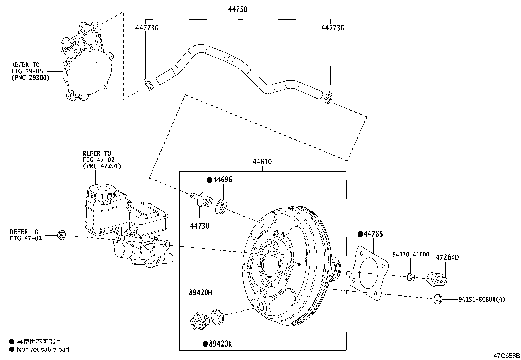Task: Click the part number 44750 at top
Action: coord(238,9)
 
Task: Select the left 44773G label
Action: coord(147,28)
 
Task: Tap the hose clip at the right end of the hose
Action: coord(328,98)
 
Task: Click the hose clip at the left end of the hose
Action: coord(148,84)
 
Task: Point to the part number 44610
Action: coord(262,161)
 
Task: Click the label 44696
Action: coord(223,180)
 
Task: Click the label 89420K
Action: coord(221,344)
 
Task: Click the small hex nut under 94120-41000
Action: coord(410,277)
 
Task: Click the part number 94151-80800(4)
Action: coord(481,299)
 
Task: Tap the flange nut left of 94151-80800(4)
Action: coord(437,299)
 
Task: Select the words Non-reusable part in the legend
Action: coord(43,350)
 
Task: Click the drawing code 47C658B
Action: coord(507,356)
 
